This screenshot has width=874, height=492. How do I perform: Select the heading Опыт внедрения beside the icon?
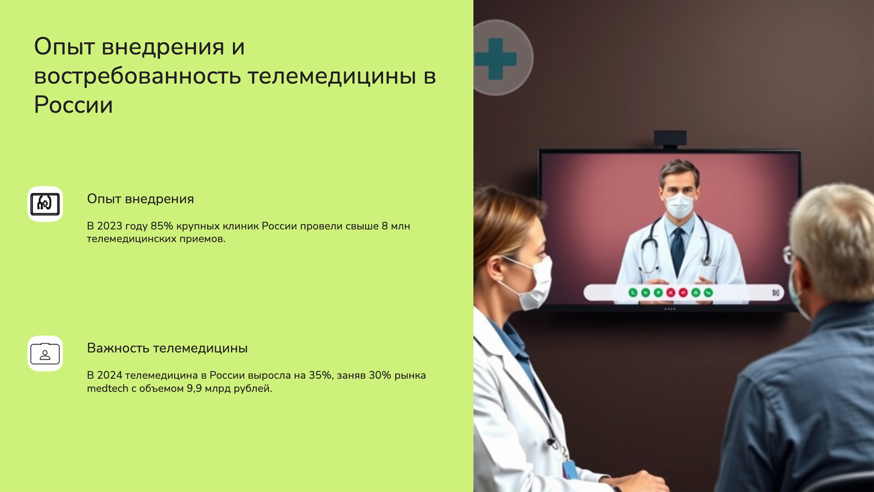pos(140,199)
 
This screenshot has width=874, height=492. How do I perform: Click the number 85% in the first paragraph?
pos(162,226)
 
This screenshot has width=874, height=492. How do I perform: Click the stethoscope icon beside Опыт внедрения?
pos(45,204)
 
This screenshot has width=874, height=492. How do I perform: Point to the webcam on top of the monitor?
pos(670,138)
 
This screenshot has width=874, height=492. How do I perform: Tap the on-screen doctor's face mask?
pos(679,205)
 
